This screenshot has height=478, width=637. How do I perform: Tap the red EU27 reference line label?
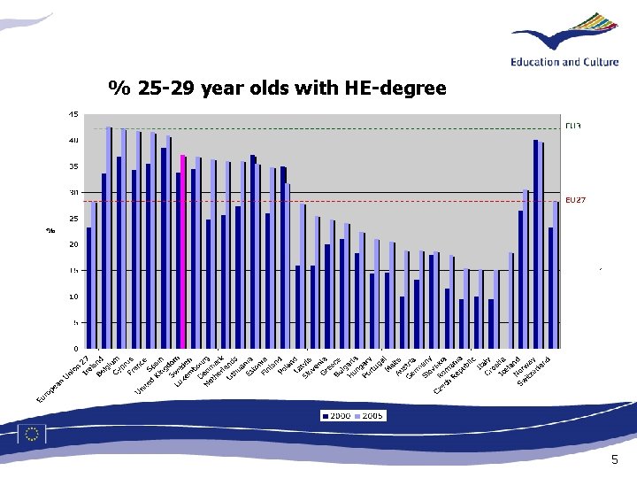pyautogui.click(x=575, y=201)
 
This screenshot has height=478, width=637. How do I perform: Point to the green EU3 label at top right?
pyautogui.click(x=573, y=126)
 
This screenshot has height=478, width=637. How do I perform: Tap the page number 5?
pyautogui.click(x=615, y=460)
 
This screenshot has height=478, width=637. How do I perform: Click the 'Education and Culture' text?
pyautogui.click(x=570, y=61)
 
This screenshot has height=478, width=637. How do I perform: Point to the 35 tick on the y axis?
pyautogui.click(x=73, y=166)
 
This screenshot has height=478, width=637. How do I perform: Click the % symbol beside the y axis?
pyautogui.click(x=50, y=231)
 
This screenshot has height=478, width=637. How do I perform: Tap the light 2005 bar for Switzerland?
pyautogui.click(x=556, y=274)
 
